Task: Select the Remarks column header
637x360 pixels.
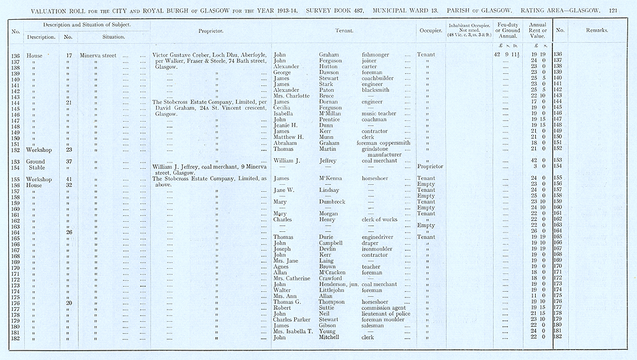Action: (x=596, y=31)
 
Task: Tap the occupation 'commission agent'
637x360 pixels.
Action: (x=385, y=308)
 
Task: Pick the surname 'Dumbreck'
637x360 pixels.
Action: (x=334, y=202)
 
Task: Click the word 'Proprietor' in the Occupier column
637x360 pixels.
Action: (x=430, y=167)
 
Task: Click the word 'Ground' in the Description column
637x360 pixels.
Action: (x=35, y=161)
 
